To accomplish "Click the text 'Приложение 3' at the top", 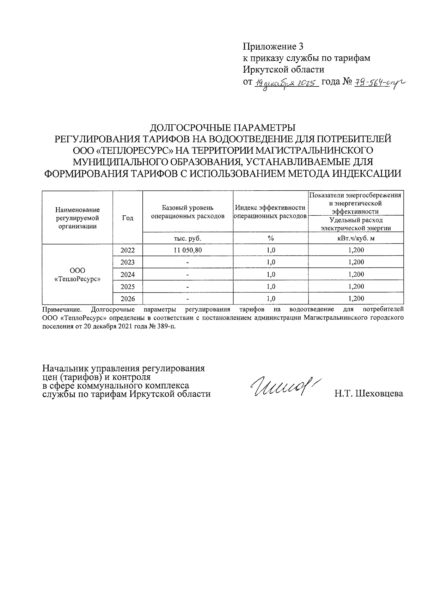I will pyautogui.click(x=273, y=47).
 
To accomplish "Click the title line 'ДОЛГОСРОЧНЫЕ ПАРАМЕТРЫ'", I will pyautogui.click(x=223, y=127).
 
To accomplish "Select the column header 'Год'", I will pyautogui.click(x=128, y=218).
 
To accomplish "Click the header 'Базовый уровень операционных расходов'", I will pyautogui.click(x=188, y=212).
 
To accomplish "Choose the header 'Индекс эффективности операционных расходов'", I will pyautogui.click(x=270, y=212).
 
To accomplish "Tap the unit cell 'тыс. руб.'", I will pyautogui.click(x=188, y=239).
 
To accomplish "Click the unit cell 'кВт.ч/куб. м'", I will pyautogui.click(x=356, y=239).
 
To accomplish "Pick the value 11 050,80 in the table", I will pyautogui.click(x=188, y=250).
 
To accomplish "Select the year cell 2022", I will pyautogui.click(x=128, y=250).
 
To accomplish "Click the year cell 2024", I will pyautogui.click(x=128, y=275).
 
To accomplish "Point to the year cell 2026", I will pyautogui.click(x=128, y=299).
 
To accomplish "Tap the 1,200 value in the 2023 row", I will pyautogui.click(x=356, y=262).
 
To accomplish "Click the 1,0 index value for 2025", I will pyautogui.click(x=270, y=286).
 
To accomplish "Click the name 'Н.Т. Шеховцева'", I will pyautogui.click(x=368, y=394).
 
